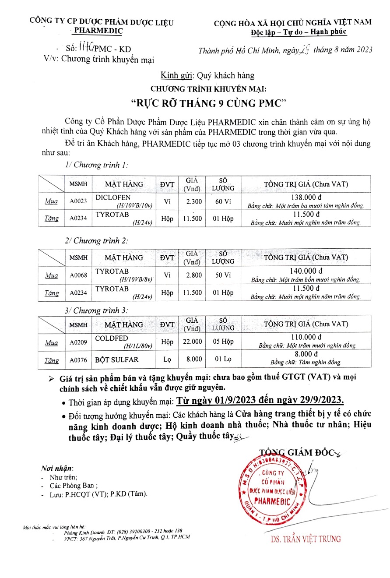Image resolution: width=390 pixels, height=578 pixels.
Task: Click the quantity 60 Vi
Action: [222, 201]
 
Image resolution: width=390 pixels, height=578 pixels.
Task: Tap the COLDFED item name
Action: [112, 338]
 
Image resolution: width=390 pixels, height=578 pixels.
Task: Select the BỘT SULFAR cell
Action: [117, 360]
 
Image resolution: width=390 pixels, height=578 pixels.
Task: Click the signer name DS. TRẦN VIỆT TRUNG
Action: [306, 539]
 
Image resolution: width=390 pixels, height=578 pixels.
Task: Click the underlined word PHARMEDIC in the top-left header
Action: [98, 31]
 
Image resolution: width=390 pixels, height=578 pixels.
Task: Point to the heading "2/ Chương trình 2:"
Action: [96, 240]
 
